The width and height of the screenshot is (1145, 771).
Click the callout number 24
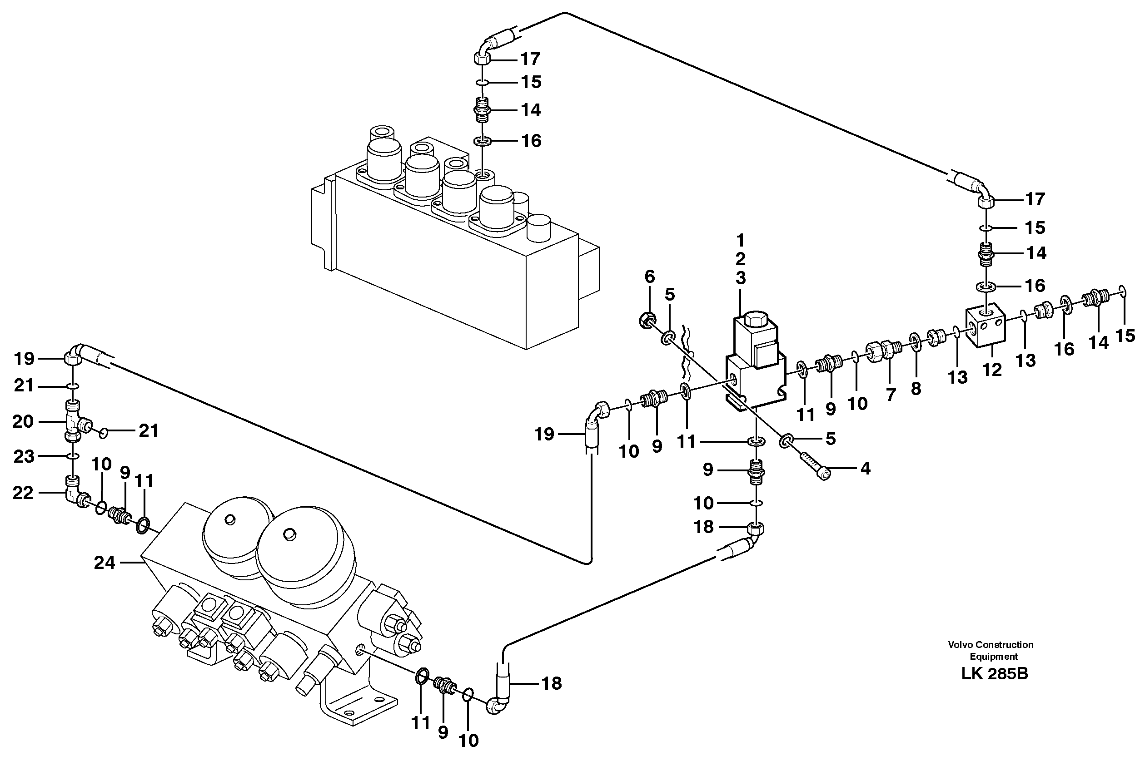(105, 563)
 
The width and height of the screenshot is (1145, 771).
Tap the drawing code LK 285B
(995, 674)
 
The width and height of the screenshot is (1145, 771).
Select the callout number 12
(991, 370)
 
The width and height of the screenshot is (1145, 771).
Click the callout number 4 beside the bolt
(865, 469)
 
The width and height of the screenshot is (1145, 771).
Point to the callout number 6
(649, 277)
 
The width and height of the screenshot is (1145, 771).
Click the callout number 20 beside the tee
(23, 421)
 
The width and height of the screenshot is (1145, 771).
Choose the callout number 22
(23, 493)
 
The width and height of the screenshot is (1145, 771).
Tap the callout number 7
(891, 394)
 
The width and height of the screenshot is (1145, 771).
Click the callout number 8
(915, 388)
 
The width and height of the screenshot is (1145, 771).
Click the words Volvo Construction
(991, 645)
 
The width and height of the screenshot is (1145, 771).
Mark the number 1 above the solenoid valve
(740, 241)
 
